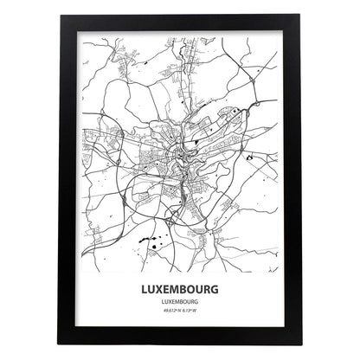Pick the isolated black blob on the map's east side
tap(249, 157)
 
